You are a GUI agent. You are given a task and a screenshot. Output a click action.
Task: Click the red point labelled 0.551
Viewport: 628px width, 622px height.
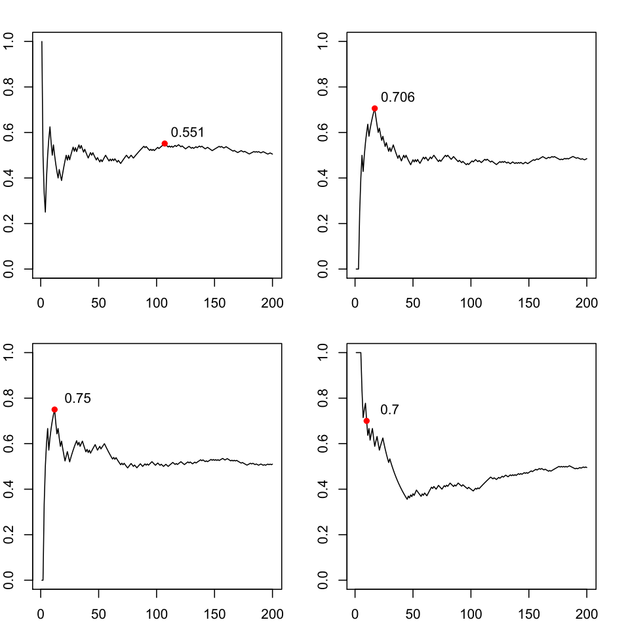click(165, 143)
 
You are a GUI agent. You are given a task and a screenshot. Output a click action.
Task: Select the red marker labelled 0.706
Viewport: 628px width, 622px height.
click(374, 108)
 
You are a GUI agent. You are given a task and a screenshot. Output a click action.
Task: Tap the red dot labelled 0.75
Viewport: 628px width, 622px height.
click(54, 409)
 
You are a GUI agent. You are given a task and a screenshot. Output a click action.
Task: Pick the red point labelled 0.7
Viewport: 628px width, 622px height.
click(366, 421)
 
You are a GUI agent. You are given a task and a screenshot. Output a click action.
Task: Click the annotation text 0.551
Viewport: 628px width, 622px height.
click(187, 132)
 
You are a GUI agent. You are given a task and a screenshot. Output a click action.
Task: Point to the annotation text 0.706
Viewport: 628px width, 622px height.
click(398, 97)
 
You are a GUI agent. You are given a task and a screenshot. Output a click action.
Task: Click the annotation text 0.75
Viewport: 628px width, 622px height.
click(77, 398)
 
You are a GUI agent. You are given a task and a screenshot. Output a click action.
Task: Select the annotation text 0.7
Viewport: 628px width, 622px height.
click(389, 409)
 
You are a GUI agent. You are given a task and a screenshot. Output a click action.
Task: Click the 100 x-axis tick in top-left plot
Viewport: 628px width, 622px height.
click(157, 303)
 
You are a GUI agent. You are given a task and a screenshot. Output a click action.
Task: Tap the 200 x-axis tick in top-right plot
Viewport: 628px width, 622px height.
click(587, 303)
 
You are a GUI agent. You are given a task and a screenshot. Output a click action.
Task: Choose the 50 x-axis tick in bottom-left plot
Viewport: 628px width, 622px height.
click(98, 614)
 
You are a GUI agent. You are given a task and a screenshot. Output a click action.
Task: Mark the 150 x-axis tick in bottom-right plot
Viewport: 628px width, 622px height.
click(529, 614)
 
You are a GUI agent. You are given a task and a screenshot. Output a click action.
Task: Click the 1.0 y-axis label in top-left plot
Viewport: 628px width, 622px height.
click(9, 41)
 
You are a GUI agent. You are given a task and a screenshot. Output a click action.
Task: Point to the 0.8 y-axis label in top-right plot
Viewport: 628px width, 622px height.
click(323, 87)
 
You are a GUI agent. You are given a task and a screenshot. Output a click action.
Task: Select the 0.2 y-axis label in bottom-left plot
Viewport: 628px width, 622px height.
click(9, 535)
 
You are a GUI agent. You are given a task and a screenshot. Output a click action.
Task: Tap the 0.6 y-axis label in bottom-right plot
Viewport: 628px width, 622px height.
click(323, 444)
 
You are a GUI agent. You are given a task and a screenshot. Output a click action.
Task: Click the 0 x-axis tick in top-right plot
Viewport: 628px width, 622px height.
click(355, 303)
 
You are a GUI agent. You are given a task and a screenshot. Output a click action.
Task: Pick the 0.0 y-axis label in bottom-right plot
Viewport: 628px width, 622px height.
click(323, 580)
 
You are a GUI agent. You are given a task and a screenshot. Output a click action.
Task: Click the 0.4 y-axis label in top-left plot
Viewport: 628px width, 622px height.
click(9, 178)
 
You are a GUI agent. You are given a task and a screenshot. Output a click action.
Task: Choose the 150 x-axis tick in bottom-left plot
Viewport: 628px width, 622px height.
click(214, 614)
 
